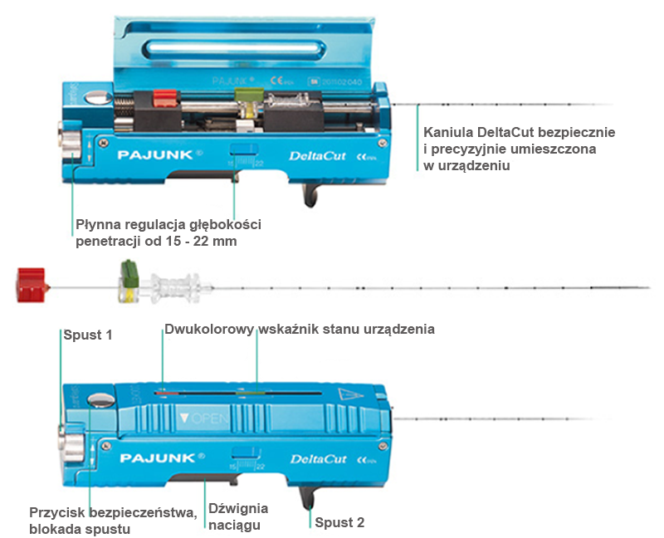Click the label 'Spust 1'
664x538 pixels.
(x=87, y=335)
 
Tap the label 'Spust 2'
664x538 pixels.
(x=339, y=522)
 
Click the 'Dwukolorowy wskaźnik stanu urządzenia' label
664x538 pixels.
(x=300, y=329)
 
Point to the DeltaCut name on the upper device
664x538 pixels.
(x=311, y=154)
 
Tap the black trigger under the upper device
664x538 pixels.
(x=309, y=193)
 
